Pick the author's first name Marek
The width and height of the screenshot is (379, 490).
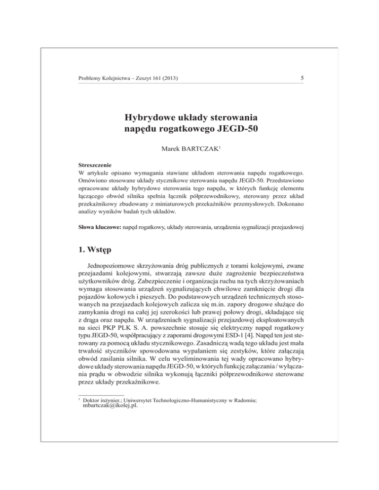(173, 148)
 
